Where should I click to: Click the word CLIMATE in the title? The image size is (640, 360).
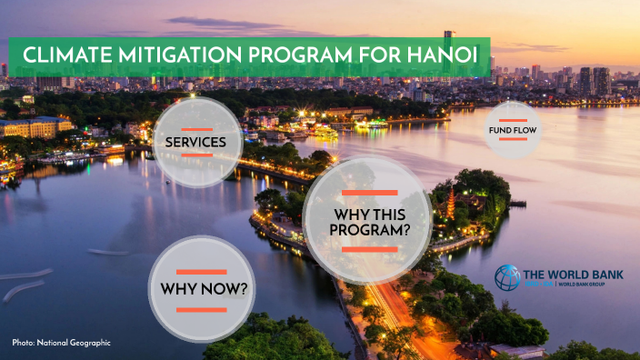tap(66, 56)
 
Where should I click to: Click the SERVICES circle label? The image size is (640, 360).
tap(196, 143)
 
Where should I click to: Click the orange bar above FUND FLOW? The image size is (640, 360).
tap(513, 119)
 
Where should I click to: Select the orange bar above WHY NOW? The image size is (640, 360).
tap(202, 272)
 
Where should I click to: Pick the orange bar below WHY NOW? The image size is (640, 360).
tap(202, 310)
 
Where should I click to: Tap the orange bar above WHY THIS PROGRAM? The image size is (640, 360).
tap(368, 193)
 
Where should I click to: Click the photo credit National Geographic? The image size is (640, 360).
tap(61, 343)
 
